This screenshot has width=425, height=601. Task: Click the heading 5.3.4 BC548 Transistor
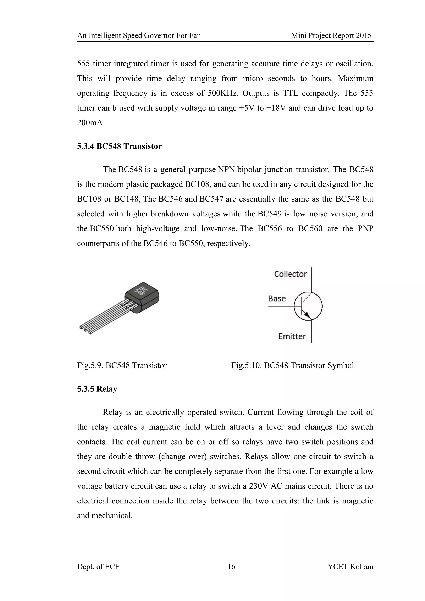point(119,146)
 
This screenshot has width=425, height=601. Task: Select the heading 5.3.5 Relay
point(97,389)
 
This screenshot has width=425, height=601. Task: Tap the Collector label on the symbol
point(290,274)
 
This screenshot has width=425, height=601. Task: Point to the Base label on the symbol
point(277,298)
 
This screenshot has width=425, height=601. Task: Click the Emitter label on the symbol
point(292,336)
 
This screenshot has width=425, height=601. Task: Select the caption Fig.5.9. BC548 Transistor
point(122,365)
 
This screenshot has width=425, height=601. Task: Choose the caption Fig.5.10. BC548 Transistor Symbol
point(292,365)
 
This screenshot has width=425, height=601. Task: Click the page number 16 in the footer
point(231,567)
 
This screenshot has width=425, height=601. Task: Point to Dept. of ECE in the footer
point(98,567)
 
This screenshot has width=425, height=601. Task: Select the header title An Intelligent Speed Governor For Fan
point(139,36)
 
